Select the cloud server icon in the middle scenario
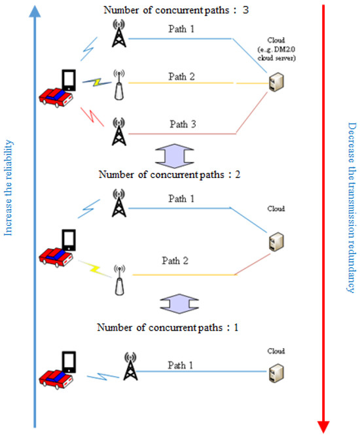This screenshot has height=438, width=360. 276,242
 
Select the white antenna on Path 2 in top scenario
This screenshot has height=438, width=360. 118,84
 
